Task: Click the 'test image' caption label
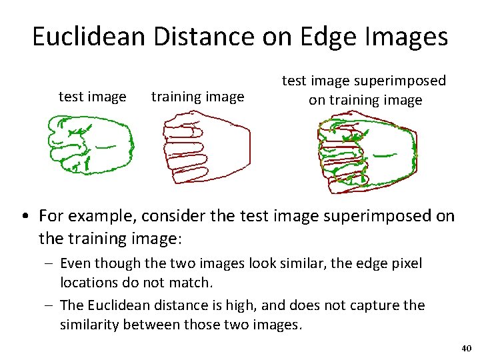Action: click(x=93, y=97)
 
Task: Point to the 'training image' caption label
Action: click(x=197, y=97)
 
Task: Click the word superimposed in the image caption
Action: click(x=400, y=81)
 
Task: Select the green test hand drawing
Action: click(x=90, y=144)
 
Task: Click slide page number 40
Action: click(x=466, y=349)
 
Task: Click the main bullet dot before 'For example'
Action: click(x=24, y=217)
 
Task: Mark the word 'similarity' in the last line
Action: click(x=90, y=325)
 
